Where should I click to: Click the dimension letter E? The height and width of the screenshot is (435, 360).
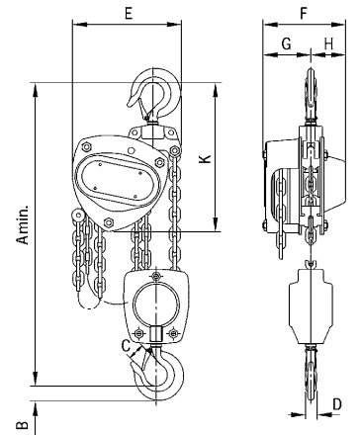(129, 13)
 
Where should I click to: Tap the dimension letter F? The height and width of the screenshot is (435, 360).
(304, 13)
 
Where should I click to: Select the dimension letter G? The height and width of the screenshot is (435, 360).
(286, 43)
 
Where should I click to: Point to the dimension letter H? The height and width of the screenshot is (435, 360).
(328, 43)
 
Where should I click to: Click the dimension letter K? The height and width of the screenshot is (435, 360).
(205, 158)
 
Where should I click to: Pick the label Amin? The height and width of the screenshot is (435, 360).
(23, 224)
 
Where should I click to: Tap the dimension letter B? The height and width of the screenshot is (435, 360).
(23, 425)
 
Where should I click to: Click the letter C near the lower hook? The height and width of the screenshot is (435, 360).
(126, 346)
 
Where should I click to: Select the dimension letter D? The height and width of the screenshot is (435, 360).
(337, 404)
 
